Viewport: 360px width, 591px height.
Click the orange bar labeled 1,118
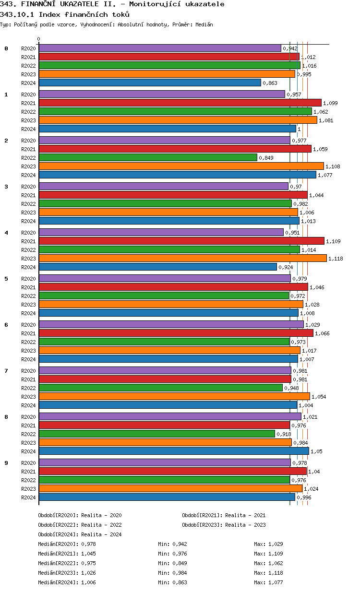pos(182,258)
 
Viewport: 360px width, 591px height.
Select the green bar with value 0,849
pos(148,157)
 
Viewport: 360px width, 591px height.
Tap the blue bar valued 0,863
pos(150,83)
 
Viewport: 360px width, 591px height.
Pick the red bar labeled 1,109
pos(181,241)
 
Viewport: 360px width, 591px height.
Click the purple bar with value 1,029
pos(171,324)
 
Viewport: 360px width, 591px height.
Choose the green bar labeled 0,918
pos(157,434)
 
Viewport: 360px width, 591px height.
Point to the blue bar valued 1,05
pos(174,451)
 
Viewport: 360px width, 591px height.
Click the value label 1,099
pos(330,103)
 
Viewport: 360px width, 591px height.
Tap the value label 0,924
pos(286,267)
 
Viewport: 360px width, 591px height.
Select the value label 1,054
pos(319,397)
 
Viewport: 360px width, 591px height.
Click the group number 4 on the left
pos(6,233)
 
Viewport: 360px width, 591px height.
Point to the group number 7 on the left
pos(6,371)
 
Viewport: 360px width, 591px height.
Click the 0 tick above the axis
pos(39,39)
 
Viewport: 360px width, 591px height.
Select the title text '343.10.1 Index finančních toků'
pos(65,14)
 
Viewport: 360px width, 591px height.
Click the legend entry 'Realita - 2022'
pos(101,525)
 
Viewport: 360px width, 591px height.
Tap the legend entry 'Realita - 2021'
pos(245,515)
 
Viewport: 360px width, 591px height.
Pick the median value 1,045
pos(88,554)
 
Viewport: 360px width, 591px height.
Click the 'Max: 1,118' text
pos(268,573)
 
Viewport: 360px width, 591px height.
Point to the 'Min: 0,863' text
pos(172,582)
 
